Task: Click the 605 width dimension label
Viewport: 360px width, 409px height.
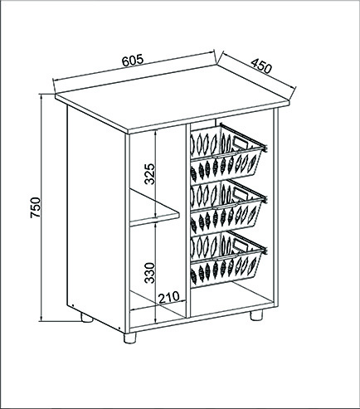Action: coord(133,61)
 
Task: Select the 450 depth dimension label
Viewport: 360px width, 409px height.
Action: coord(261,66)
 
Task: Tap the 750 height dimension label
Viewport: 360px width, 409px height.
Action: coord(36,207)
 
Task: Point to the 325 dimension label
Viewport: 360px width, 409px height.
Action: coord(150,174)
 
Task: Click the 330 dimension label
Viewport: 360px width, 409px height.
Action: coord(150,273)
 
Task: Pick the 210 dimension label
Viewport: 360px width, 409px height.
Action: coord(168,298)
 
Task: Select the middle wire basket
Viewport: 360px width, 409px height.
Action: coord(227,207)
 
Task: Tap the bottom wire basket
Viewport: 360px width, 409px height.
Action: coord(227,260)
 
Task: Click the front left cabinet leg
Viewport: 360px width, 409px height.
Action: coord(129,338)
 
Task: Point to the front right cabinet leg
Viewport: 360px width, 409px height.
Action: coord(256,315)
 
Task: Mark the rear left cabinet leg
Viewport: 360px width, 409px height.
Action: coord(86,318)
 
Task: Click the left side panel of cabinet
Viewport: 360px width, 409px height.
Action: coord(96,218)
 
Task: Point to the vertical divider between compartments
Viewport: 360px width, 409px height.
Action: coord(188,222)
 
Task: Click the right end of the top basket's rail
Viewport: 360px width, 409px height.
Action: coord(265,149)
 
